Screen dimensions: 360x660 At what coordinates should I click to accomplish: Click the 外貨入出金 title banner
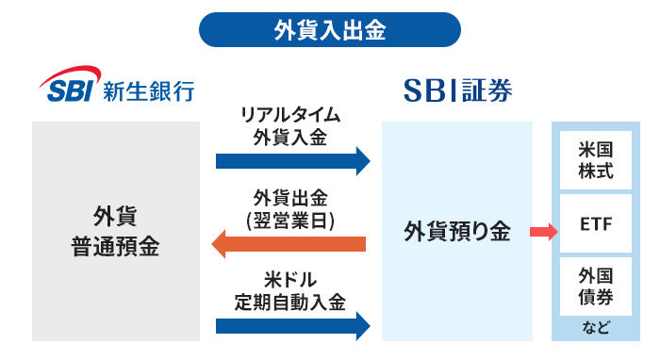coord(330,29)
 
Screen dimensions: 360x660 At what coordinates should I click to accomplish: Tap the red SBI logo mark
coord(71,89)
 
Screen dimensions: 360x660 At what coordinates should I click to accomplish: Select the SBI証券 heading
coord(458,90)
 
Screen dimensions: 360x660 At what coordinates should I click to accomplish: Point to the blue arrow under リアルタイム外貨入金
coord(292,159)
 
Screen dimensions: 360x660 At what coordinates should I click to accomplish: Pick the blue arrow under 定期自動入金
coord(292,326)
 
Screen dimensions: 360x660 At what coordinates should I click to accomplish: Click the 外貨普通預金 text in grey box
coord(115,232)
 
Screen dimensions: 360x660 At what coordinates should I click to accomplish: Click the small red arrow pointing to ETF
coord(543,232)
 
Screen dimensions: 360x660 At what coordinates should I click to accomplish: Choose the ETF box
coord(595,227)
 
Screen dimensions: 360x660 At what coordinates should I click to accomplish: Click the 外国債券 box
coord(595,287)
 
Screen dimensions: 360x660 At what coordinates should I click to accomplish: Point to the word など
coord(595,329)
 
